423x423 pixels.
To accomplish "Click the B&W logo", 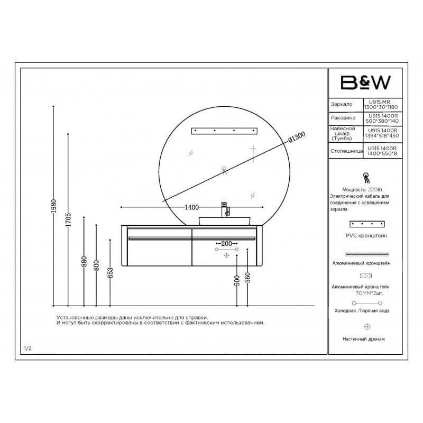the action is pos(365,82).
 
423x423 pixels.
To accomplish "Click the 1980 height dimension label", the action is pos(54,206).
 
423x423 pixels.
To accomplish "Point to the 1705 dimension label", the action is pos(68,219).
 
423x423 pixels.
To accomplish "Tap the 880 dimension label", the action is pos(84,262).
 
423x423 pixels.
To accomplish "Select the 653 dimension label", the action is pos(110,273).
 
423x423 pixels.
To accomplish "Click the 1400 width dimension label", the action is pos(191,207).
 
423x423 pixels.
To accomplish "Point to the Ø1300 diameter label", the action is pos(297,137).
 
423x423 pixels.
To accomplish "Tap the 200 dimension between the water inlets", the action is pos(226,244).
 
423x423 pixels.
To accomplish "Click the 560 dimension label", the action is pos(247,278).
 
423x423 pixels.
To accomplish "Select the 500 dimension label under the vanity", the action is pos(237,280).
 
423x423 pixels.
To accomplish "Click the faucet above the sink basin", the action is pos(225,209).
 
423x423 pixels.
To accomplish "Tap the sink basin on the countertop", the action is pos(224,221).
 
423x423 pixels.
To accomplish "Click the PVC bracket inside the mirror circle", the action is pos(224,131).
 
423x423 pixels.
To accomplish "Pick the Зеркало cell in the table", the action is pos(342,104).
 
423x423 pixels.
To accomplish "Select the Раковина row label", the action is pos(343,118).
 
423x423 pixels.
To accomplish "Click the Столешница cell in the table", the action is pos(347,151).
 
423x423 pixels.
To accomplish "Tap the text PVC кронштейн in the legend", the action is pos(366,235).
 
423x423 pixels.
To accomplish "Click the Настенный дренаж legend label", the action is pos(364,339).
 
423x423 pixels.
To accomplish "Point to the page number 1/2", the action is pos(28,348).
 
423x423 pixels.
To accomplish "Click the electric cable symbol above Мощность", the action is pos(366,178).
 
